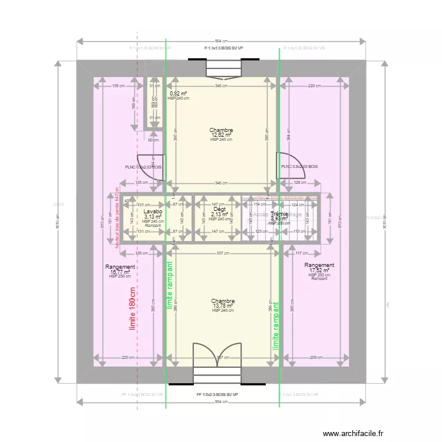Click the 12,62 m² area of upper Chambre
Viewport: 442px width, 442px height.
(221, 135)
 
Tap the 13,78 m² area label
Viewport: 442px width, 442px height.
(223, 306)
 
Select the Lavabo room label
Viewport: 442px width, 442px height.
(153, 210)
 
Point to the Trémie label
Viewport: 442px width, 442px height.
(279, 214)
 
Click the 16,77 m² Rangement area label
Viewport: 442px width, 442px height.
(120, 272)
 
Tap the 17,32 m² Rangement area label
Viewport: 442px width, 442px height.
(320, 271)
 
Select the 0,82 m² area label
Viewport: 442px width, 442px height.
(178, 94)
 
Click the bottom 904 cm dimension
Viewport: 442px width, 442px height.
(221, 401)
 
